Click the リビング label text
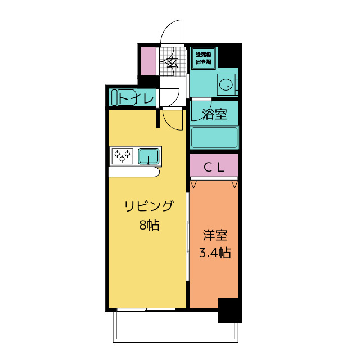coord(149,206)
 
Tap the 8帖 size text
coord(149,225)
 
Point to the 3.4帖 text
coord(215,253)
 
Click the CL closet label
coord(214,166)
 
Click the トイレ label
coord(136,99)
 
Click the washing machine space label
coord(203,58)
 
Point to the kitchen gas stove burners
coord(122,155)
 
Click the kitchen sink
coord(148,155)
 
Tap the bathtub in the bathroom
coord(214,137)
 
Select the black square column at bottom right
coord(229,310)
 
